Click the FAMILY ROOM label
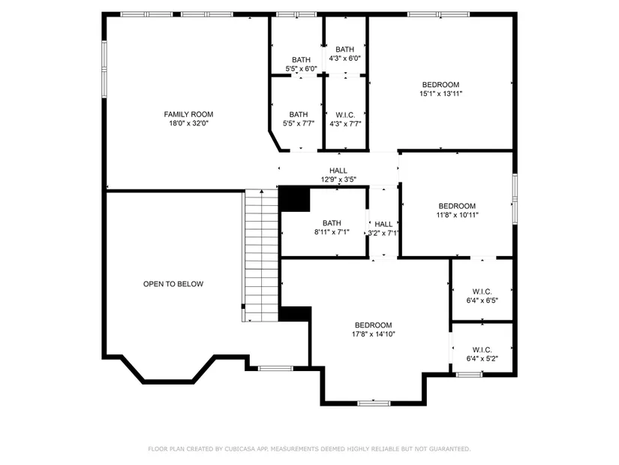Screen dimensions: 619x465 click(188, 114)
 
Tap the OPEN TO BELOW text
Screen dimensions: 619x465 click(173, 284)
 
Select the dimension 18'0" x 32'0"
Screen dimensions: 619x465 click(188, 123)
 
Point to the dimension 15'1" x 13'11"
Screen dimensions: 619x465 click(440, 94)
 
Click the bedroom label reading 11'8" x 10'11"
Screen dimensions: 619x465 click(457, 215)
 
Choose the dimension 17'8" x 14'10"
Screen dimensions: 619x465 click(374, 334)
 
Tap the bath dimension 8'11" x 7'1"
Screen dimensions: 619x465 click(332, 232)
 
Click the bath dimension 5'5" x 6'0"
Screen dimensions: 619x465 click(301, 69)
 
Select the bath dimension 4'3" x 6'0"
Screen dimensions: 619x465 click(344, 59)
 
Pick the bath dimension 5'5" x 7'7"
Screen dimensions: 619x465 click(299, 123)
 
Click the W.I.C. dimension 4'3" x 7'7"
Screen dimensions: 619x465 click(345, 124)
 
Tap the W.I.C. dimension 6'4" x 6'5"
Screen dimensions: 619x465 click(482, 300)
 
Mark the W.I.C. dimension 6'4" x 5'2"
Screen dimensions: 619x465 click(482, 358)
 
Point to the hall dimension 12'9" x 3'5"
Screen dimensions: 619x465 click(338, 180)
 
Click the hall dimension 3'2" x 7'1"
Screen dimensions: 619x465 click(383, 234)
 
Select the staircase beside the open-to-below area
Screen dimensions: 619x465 click(260, 255)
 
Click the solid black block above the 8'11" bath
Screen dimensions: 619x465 click(295, 199)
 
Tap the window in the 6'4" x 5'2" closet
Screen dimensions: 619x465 click(469, 374)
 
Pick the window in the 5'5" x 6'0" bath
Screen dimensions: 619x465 click(296, 14)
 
